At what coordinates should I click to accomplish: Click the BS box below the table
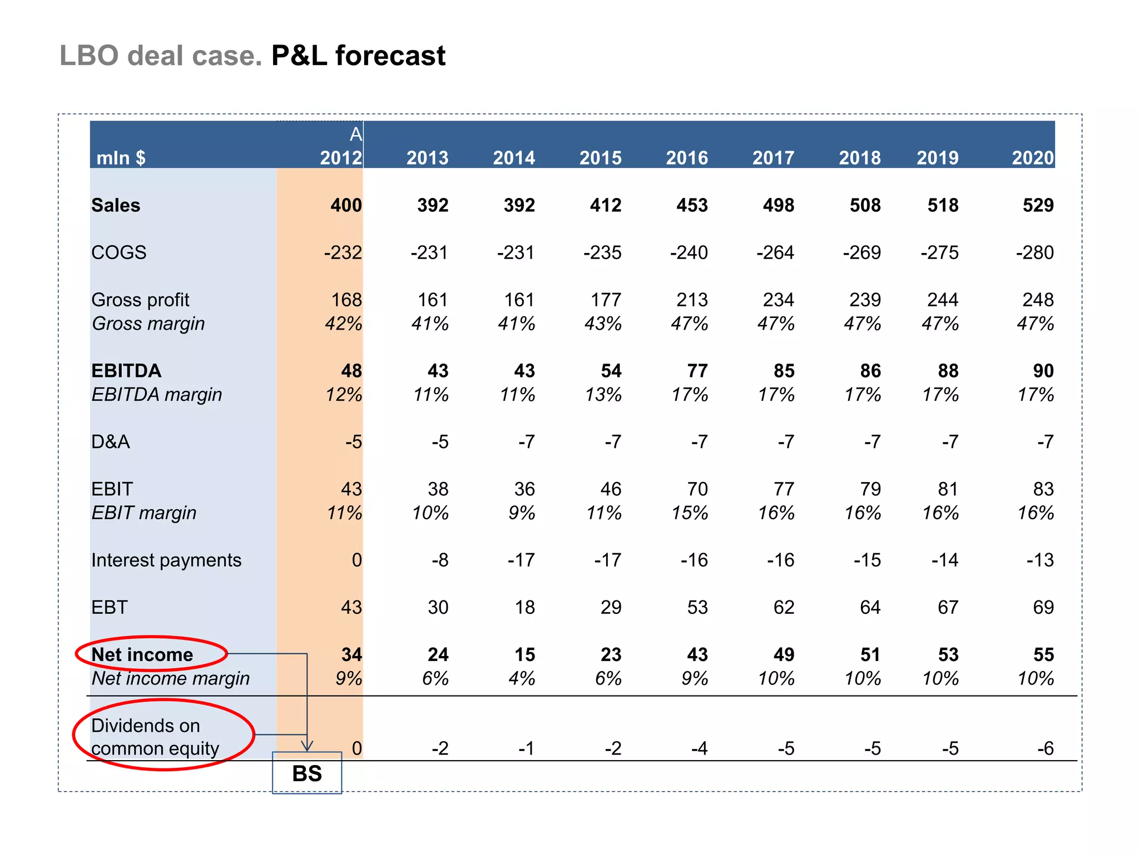307,773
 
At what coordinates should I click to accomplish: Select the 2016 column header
687,158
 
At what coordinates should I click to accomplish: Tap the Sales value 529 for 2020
1038,205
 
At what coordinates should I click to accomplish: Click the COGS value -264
775,253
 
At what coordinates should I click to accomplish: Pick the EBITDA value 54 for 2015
611,371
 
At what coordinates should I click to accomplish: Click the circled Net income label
142,654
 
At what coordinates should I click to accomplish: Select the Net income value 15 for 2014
524,654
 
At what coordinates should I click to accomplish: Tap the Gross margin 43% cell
603,324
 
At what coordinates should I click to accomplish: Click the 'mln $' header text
121,158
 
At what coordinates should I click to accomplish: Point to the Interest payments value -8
440,560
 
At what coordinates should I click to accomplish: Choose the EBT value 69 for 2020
1043,607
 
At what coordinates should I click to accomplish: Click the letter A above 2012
356,135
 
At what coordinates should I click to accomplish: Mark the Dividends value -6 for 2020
1045,748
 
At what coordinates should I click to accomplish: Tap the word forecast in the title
390,56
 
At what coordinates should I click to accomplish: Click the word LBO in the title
89,56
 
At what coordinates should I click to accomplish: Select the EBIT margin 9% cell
521,513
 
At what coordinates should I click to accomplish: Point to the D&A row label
111,442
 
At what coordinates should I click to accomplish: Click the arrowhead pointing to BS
307,746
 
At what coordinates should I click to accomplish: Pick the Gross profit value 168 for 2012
346,300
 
